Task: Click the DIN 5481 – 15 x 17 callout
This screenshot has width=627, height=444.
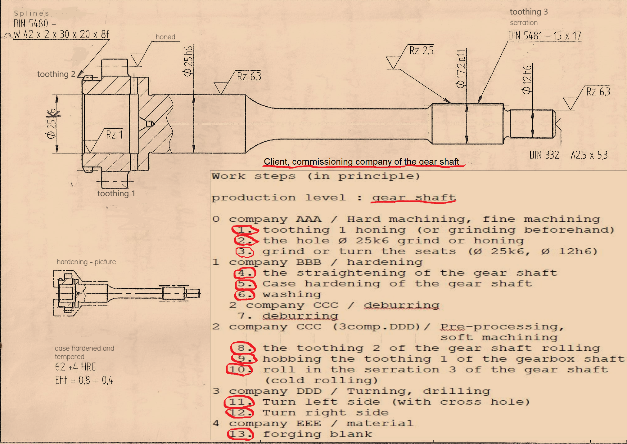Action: tap(544, 36)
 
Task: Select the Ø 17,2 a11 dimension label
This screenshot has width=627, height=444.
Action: tap(461, 69)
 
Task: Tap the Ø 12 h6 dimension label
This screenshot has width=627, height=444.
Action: tap(527, 80)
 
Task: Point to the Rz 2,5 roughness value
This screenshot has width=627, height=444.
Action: tap(421, 50)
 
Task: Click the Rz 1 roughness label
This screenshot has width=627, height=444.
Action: tap(115, 135)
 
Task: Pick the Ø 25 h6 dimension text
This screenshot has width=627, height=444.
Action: tap(188, 61)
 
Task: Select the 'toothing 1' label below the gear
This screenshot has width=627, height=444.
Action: tap(116, 193)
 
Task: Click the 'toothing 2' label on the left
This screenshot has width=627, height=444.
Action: tap(56, 74)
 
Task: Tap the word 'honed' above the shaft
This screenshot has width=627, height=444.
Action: tap(165, 37)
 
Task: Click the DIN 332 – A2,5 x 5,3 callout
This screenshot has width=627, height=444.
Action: tap(568, 155)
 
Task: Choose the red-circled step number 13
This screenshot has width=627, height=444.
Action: tap(241, 434)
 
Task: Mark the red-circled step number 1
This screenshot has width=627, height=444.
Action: tap(245, 230)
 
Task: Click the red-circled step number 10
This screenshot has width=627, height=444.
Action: tap(239, 370)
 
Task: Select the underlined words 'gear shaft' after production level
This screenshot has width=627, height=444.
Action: tap(414, 198)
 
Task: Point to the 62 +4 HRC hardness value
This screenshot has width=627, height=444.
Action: tap(75, 367)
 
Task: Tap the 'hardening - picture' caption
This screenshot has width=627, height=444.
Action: tap(86, 262)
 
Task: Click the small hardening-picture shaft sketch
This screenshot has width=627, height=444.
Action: tap(127, 293)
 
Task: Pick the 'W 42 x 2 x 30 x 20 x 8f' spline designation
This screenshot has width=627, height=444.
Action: tap(61, 34)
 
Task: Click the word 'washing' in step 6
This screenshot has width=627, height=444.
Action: tap(292, 295)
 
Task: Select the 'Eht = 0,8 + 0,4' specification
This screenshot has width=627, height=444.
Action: tap(84, 380)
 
